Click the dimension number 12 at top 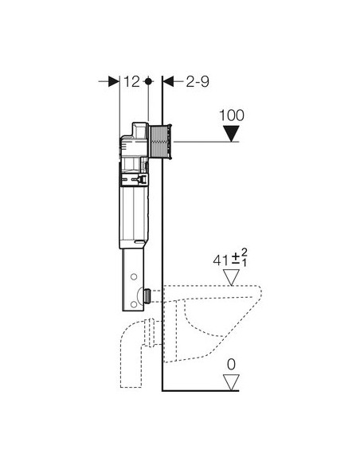pos(131,81)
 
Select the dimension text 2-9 pos(198,81)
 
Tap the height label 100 pos(232,115)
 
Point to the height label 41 pos(221,260)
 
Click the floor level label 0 pos(231,365)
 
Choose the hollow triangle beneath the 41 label pos(231,277)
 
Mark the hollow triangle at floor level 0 pos(231,382)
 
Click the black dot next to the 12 pos(149,81)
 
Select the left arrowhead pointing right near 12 pos(114,81)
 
